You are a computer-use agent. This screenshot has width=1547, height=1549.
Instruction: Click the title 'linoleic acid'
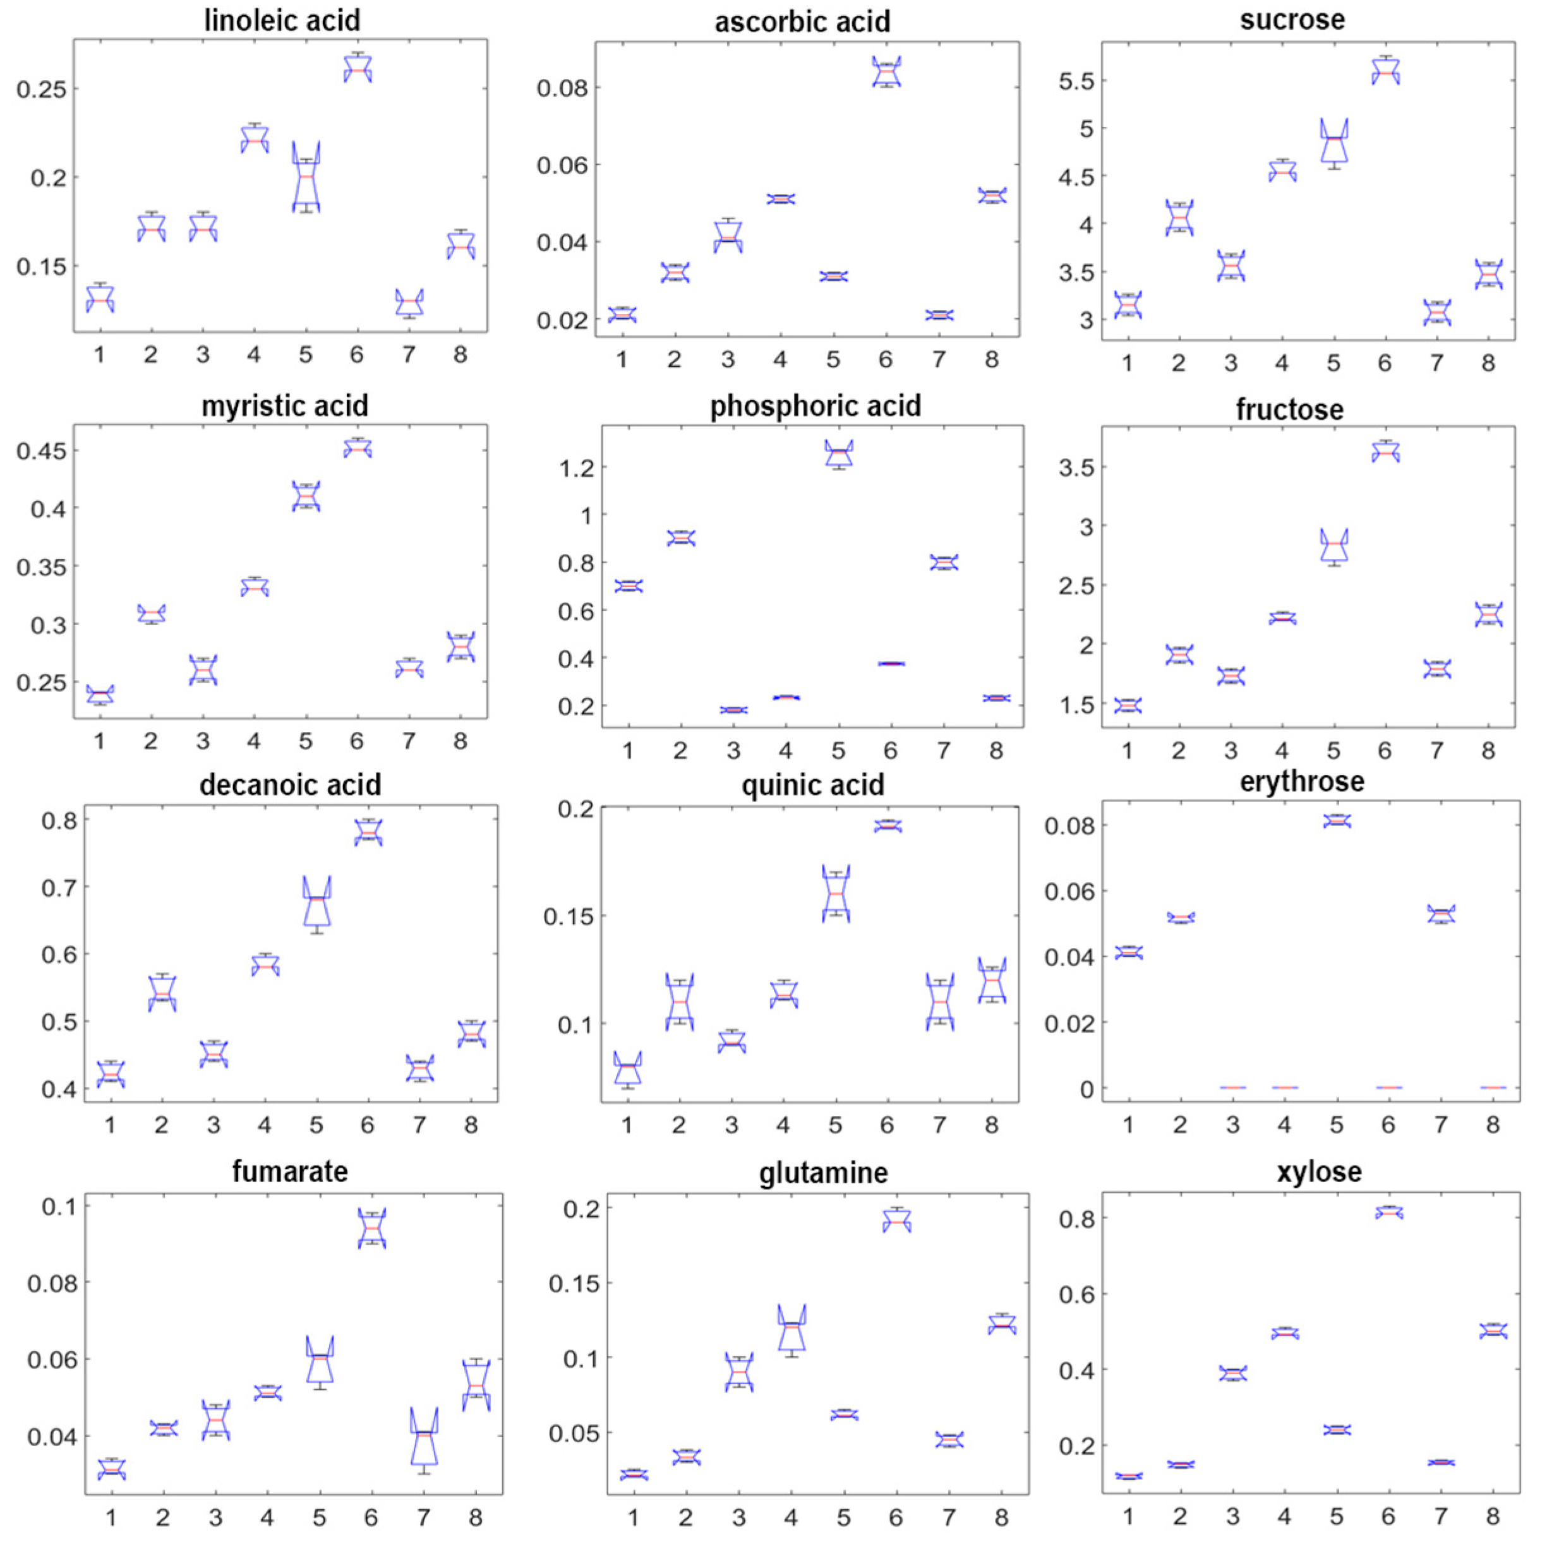point(282,20)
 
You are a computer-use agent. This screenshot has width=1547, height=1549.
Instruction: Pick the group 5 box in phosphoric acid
point(839,453)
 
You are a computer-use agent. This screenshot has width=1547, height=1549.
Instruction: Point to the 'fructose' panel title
point(1289,409)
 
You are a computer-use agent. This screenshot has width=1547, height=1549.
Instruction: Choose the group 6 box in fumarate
point(371,1229)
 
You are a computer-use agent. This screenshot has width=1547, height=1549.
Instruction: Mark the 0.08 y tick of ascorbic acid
point(562,87)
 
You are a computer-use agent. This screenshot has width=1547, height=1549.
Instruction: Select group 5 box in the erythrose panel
point(1336,820)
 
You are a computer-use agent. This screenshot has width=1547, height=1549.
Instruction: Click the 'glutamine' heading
point(824,1172)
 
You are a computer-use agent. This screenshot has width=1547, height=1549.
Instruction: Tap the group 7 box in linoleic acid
point(409,302)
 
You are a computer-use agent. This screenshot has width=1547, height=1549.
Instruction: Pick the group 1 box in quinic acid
point(628,1067)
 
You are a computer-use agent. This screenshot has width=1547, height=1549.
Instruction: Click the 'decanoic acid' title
point(291,784)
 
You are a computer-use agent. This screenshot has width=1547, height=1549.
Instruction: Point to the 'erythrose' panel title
point(1303,781)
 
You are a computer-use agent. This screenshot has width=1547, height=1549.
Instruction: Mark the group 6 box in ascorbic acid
point(886,71)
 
